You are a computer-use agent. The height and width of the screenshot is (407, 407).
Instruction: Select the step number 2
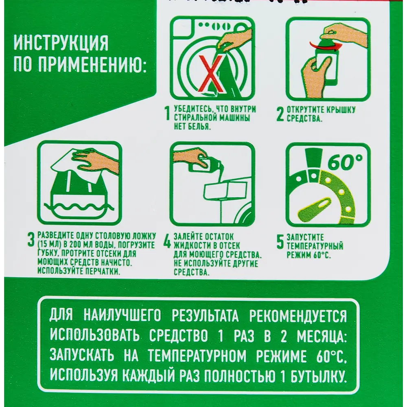click(x=280, y=114)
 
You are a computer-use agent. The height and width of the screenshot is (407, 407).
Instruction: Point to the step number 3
click(x=31, y=240)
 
